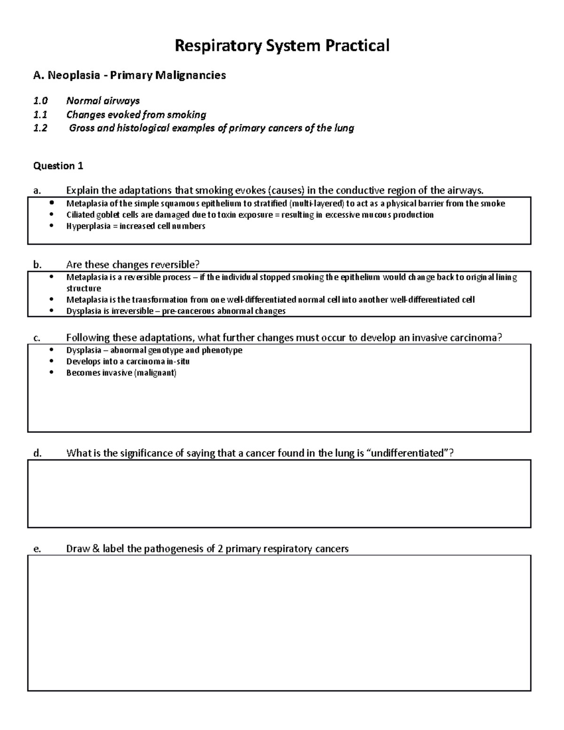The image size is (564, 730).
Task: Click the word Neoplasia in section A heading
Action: (73, 75)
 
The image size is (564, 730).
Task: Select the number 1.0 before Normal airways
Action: (40, 101)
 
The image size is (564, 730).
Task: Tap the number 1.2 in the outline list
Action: (40, 128)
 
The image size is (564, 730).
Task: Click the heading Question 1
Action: (58, 165)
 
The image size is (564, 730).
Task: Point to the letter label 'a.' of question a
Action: (37, 190)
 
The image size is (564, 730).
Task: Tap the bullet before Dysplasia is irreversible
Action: (51, 311)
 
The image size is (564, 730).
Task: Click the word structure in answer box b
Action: (84, 288)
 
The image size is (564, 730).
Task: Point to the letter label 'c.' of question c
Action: (37, 338)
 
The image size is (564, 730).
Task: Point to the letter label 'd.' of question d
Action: (38, 453)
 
